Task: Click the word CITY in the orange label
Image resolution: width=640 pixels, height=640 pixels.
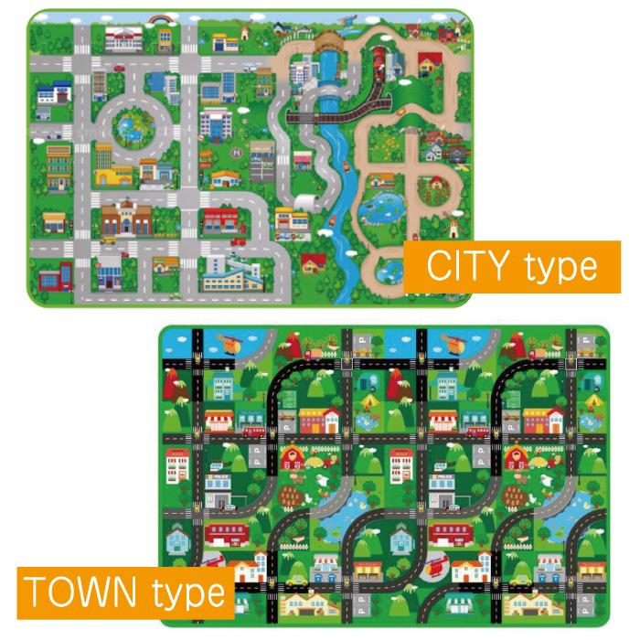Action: (x=471, y=266)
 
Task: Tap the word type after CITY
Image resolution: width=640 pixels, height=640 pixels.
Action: (x=561, y=268)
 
